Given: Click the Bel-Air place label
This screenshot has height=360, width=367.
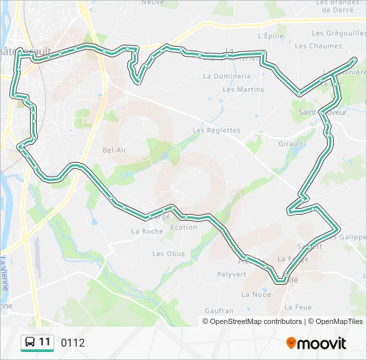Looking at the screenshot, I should (114, 150).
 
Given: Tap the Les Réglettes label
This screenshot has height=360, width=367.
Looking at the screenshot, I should (216, 130).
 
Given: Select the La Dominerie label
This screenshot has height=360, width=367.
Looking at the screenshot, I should (227, 76).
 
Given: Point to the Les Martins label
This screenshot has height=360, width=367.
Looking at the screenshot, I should (244, 89).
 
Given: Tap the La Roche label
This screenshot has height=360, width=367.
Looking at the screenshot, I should (147, 231).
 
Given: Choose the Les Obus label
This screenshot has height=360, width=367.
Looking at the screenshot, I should (168, 253).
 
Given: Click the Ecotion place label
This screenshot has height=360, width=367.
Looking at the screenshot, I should (184, 227).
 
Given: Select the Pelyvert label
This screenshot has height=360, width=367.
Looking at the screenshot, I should (232, 274).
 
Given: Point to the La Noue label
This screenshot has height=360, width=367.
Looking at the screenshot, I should (256, 294).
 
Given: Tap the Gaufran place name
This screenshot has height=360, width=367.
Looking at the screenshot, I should (220, 311).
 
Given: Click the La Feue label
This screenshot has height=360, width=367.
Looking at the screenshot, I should (298, 307).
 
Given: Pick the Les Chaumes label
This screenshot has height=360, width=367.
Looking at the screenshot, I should (318, 46).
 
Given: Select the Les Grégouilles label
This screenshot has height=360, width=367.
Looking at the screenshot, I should (336, 33).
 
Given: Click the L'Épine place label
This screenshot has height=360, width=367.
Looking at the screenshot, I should (271, 36).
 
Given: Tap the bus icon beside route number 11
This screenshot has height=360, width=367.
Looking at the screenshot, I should (30, 343).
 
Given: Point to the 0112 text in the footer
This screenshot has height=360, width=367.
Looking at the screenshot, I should (73, 343).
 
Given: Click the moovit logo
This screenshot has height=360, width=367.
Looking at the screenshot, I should (316, 343).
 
